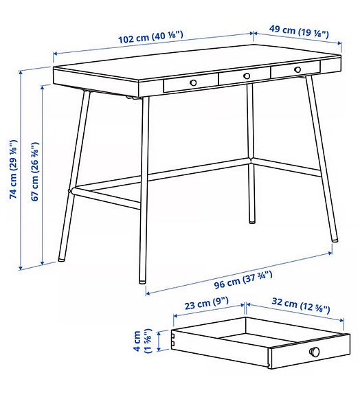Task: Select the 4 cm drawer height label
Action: [146, 341]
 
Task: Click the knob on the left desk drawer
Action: [193, 82]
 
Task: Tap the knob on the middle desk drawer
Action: [246, 76]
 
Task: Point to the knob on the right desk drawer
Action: [297, 69]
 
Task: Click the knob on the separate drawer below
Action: [315, 352]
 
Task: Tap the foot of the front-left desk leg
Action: [62, 260]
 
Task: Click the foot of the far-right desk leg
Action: [335, 238]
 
